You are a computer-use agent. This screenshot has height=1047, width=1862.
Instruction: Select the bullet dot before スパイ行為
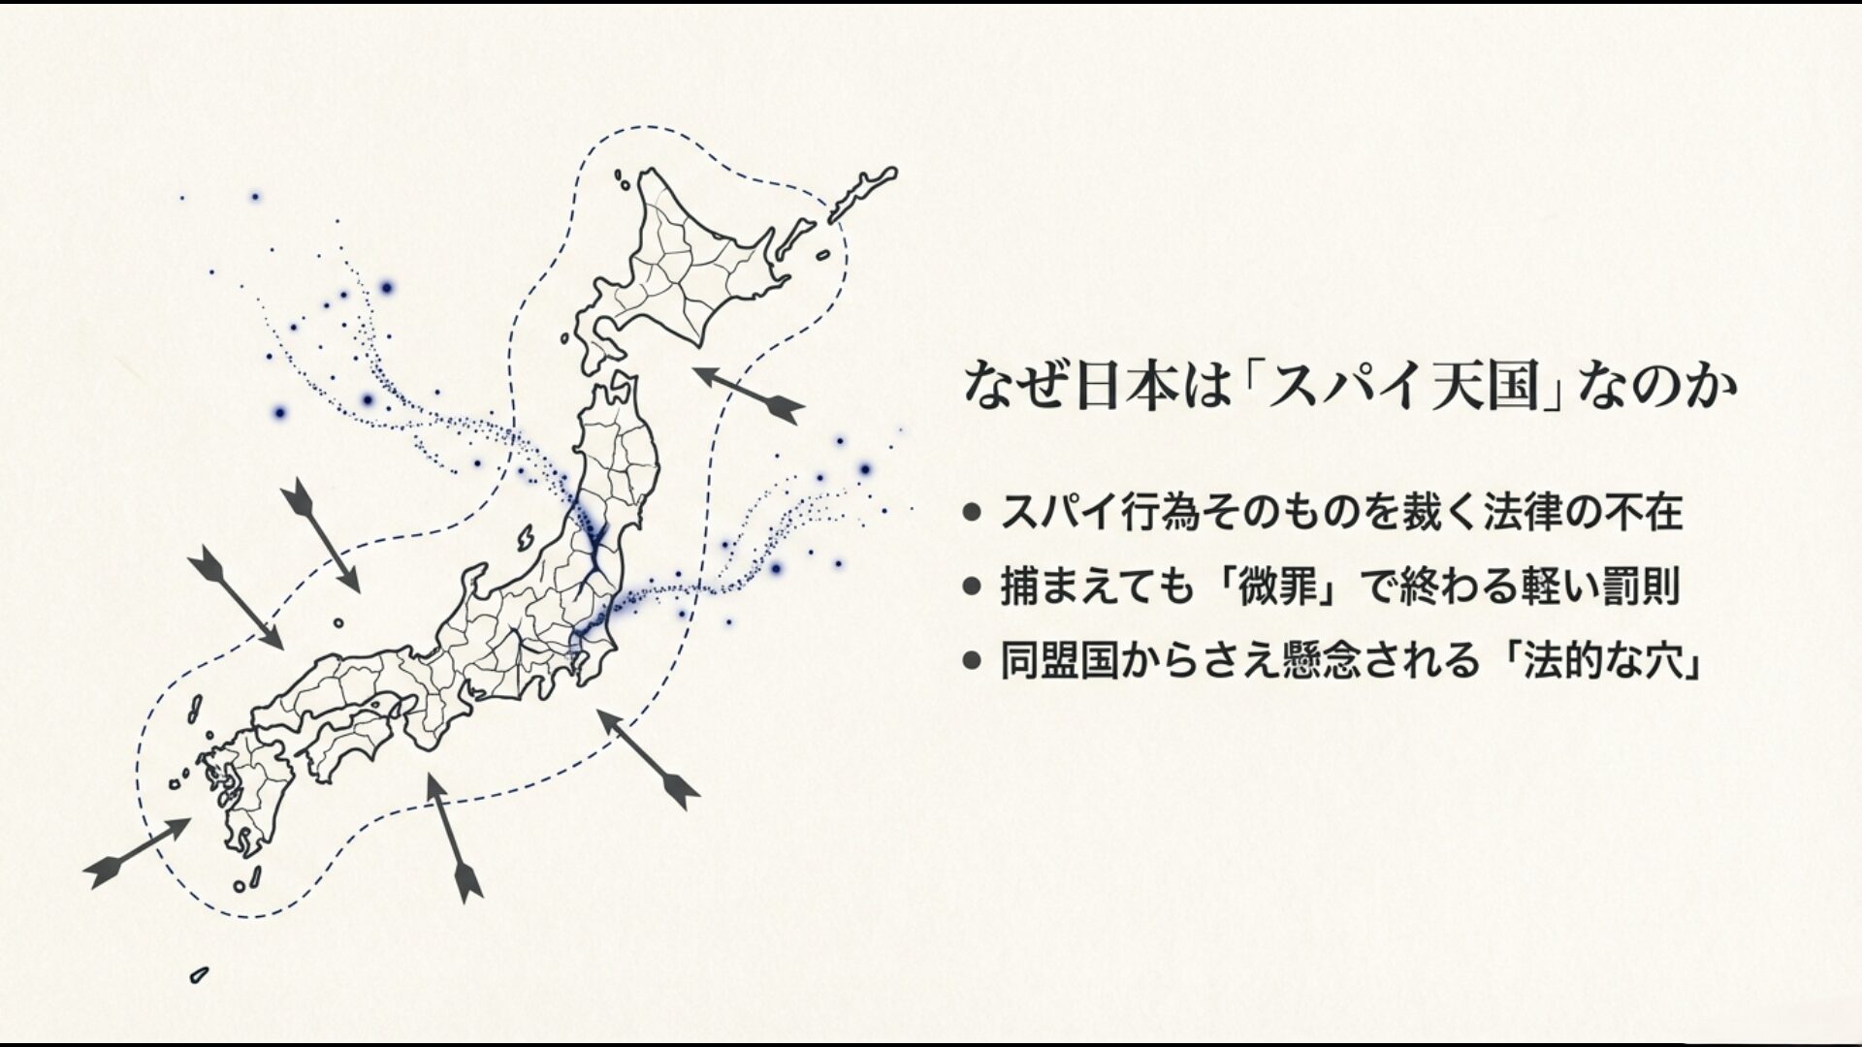[x=973, y=513]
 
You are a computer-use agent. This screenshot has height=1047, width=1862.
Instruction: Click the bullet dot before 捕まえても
[x=973, y=587]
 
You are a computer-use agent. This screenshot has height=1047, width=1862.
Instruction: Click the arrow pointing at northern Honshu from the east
[x=749, y=394]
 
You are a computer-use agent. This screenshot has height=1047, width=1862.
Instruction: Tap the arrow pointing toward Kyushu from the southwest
[x=138, y=853]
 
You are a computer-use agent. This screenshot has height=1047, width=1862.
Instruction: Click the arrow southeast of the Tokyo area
[x=647, y=757]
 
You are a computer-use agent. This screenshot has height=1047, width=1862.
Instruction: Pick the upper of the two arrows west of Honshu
[x=320, y=534]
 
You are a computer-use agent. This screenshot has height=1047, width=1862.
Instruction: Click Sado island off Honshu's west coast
[x=526, y=538]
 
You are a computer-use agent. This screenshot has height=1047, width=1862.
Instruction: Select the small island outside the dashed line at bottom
[x=200, y=974]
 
